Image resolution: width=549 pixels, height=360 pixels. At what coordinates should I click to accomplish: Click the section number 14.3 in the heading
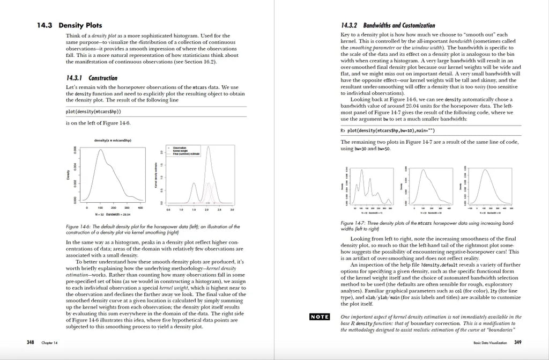pyautogui.click(x=43, y=25)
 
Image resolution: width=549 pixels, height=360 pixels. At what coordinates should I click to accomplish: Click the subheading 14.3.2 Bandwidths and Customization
pyautogui.click(x=388, y=25)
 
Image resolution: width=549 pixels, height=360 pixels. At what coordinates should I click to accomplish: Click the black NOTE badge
pyautogui.click(x=320, y=317)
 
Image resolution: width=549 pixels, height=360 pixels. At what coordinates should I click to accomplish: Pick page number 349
pyautogui.click(x=517, y=342)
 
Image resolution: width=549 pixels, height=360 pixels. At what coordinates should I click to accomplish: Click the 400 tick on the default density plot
pyautogui.click(x=140, y=207)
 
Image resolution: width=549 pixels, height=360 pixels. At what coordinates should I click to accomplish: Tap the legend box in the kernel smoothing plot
pyautogui.click(x=183, y=151)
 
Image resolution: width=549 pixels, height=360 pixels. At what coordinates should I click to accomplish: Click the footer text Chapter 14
pyautogui.click(x=48, y=342)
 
